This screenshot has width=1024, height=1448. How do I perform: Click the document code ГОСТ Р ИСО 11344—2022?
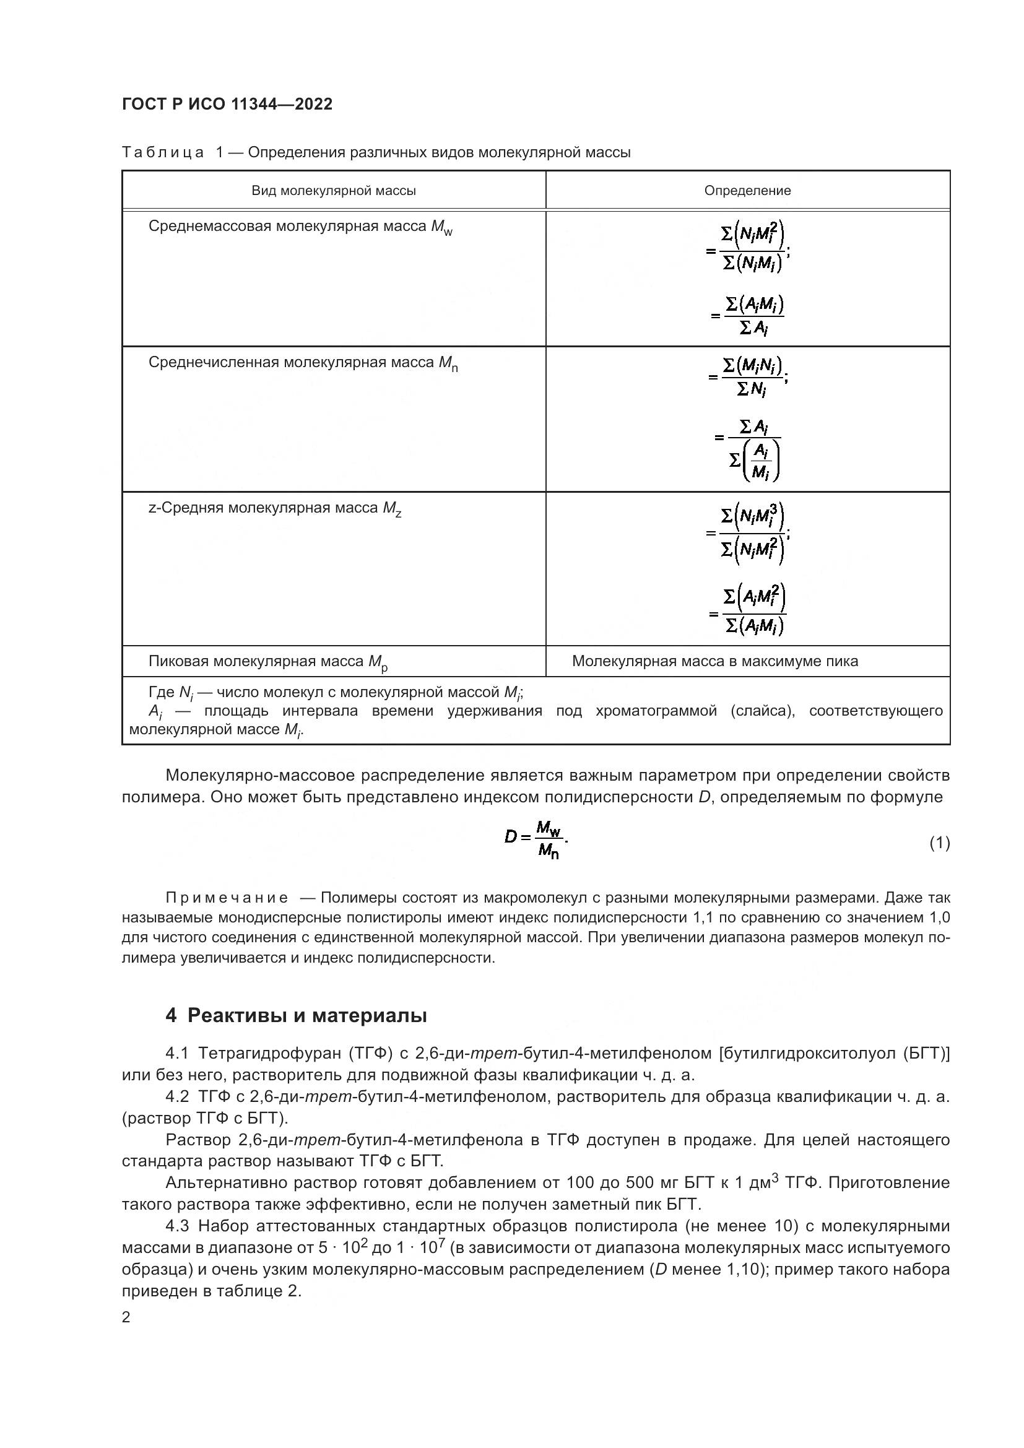click(227, 104)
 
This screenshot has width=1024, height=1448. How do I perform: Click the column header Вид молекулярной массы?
click(334, 191)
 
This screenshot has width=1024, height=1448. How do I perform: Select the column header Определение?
click(747, 191)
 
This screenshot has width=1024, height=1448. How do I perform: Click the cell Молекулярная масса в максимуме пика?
click(714, 661)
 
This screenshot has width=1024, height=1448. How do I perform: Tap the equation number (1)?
click(939, 843)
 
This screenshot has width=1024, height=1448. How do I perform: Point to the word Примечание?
click(227, 898)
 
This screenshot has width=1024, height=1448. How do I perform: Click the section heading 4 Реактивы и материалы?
click(297, 1015)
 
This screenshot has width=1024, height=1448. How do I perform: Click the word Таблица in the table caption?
click(163, 153)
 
